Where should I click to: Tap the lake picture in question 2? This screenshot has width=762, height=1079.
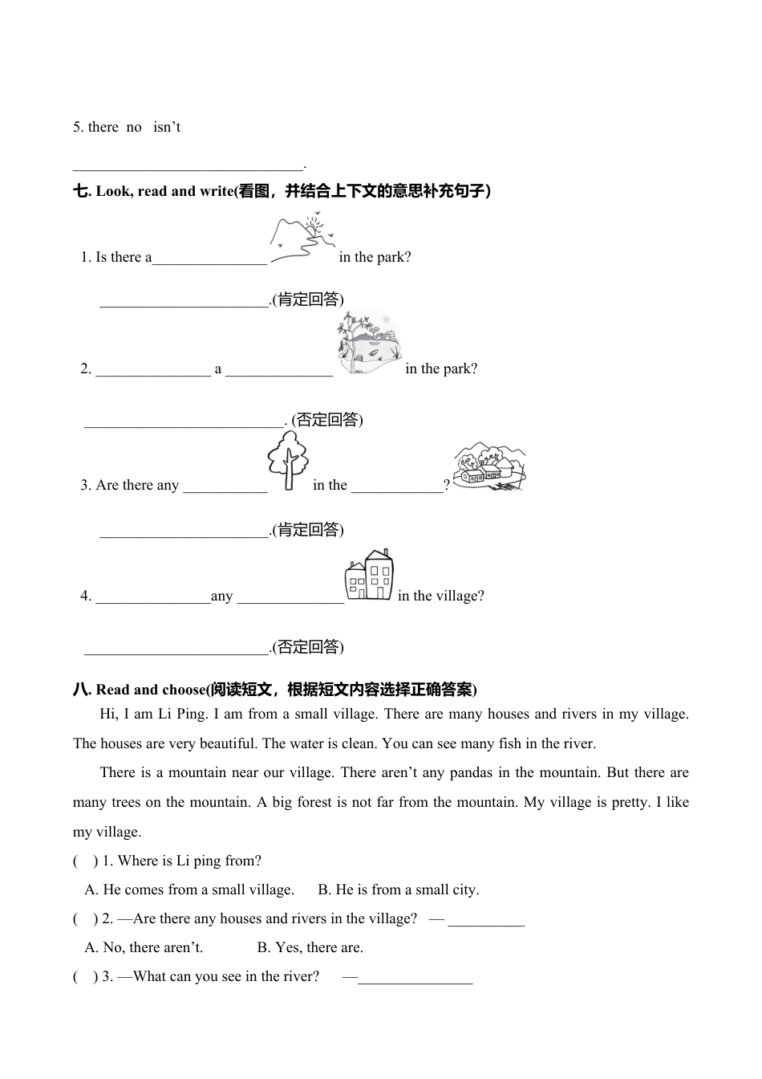coord(369,344)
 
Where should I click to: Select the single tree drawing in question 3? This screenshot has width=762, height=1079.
coord(288,461)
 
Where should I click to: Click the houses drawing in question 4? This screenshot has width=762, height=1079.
coord(369,575)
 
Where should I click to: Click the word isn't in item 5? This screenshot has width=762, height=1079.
coord(167,127)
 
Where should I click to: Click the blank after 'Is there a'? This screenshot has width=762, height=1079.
coord(209,259)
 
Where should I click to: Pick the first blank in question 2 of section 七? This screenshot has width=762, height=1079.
coord(152,370)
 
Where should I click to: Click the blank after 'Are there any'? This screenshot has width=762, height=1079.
coord(225,487)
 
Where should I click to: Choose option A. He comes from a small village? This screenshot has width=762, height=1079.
coord(189,890)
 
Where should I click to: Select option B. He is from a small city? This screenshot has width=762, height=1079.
coord(399,890)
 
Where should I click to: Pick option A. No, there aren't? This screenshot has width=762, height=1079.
coord(144,947)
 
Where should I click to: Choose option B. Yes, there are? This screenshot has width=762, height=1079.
coord(310,947)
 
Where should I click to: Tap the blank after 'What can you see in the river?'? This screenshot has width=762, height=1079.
coord(415,978)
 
